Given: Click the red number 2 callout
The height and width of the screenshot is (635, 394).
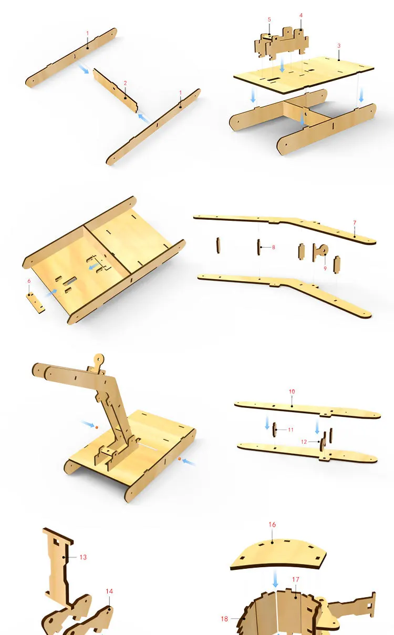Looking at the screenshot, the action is coord(125,83).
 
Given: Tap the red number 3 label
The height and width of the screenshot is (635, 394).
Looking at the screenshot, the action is coord(339,46).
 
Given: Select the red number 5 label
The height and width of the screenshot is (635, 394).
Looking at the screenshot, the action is coord(269,19).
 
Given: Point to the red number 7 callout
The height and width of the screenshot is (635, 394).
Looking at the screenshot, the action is coord(355,223).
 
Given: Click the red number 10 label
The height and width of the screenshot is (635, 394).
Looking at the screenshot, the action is coord(292,392).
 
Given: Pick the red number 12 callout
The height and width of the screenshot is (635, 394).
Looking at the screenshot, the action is coord(304,442).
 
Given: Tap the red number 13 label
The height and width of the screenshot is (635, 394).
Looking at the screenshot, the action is coord(83,557).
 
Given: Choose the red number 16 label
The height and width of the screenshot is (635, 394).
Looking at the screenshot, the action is coord(272,525).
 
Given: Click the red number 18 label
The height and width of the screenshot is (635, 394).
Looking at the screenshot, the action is coord(224,619).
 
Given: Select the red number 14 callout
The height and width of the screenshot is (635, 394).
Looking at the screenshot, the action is coord(109,591).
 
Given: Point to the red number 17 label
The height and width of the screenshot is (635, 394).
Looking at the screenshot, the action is coord(296,579).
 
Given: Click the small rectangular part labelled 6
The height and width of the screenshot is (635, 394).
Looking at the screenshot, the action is coord(36,303).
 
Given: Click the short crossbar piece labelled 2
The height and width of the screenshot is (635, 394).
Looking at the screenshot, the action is coord(115,90).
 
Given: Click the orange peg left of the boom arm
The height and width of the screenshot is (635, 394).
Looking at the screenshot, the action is coord(97,427).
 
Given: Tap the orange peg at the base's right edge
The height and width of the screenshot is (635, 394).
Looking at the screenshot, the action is coord(179,458).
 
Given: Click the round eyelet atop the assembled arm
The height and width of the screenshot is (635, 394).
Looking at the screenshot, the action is coord(99,360).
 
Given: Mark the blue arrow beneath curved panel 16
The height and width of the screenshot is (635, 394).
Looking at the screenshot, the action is coord(275,579).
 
